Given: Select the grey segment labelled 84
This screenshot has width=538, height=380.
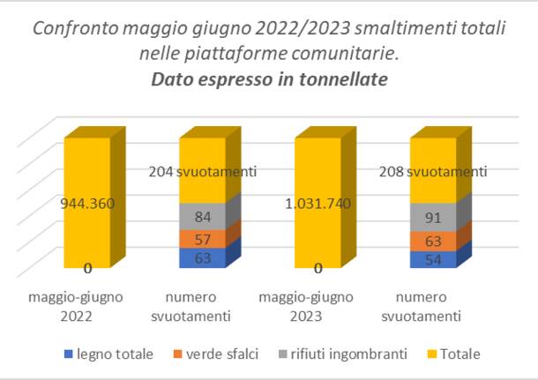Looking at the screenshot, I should point(202,217).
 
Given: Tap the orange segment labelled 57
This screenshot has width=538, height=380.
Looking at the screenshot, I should point(202,239).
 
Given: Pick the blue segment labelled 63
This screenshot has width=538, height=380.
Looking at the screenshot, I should point(202,257).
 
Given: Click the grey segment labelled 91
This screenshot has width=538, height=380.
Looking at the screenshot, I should point(432,217).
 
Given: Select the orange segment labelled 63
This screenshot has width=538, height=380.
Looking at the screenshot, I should point(432,241).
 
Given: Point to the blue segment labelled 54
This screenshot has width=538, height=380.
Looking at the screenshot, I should point(432,259).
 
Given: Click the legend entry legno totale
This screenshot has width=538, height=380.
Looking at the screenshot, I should point(112,354).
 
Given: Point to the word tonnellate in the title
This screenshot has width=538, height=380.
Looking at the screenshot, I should point(340,80).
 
